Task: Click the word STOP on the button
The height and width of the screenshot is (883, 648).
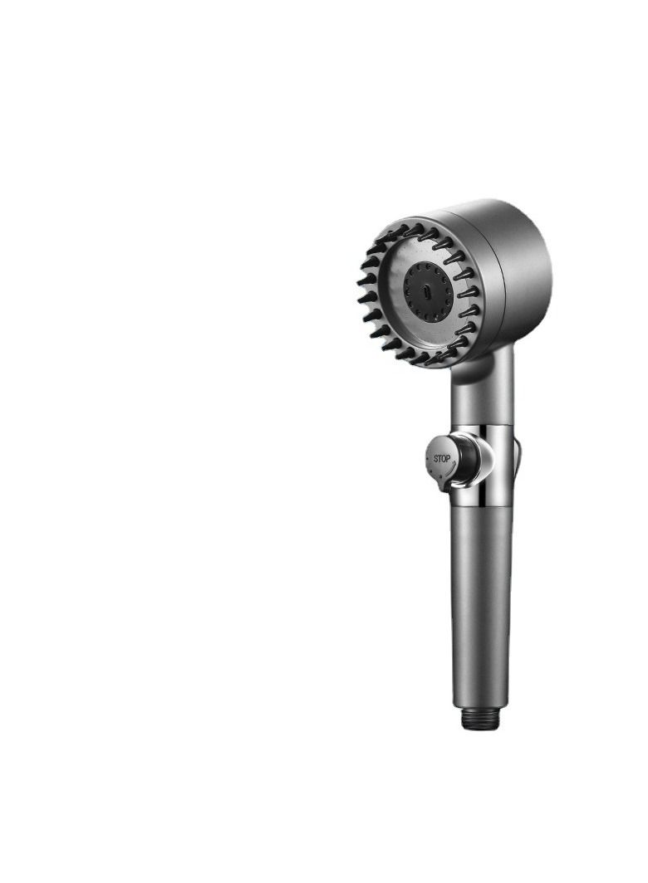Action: pyautogui.click(x=441, y=458)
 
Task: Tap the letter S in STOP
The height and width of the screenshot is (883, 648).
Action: pyautogui.click(x=435, y=458)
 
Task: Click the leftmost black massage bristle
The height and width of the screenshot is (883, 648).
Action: pyautogui.click(x=364, y=281)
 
